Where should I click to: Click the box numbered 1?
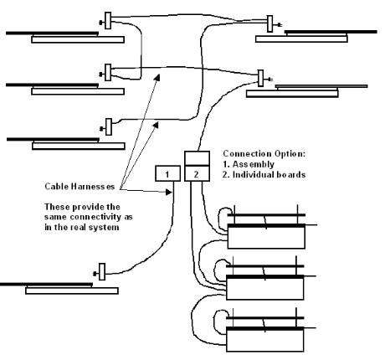pos(167,173)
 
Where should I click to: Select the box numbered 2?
pos(197,173)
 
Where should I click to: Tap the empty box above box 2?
pos(197,158)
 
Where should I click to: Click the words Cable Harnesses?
pos(80,186)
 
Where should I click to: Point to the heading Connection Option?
pos(264,153)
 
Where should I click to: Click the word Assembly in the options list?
pos(254,164)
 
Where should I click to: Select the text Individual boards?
pos(269,174)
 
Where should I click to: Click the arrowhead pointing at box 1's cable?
pos(168,192)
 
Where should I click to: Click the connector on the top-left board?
pos(108,21)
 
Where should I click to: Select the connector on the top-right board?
pos(270,23)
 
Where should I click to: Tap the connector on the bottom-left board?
pos(102,271)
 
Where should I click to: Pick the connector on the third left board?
pos(109,126)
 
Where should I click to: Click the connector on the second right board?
pos(260,78)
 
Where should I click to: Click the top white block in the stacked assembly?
pos(266,237)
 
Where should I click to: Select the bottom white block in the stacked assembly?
pos(264,341)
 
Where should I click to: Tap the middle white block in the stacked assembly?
pos(264,289)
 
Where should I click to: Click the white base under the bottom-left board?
pos(72,291)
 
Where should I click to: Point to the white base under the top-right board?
pos(301,39)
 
